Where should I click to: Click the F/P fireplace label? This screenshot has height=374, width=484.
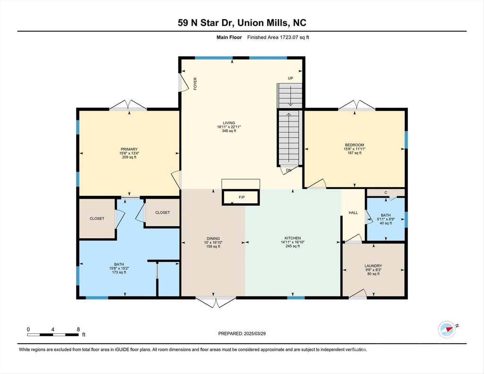tap(242, 197)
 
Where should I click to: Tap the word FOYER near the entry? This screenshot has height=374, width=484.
tap(195, 84)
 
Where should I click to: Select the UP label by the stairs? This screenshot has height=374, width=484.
tap(291, 78)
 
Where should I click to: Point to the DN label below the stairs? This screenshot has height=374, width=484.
tap(289, 170)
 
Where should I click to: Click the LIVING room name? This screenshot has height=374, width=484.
tap(229, 123)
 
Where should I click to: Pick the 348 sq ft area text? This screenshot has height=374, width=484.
tap(229, 131)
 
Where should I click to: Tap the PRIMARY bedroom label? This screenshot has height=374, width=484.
tap(129, 149)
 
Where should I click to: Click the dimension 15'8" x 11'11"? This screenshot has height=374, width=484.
tap(354, 149)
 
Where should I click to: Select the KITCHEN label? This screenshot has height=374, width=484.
tap(293, 238)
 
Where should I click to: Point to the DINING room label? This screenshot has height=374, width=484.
tap(213, 238)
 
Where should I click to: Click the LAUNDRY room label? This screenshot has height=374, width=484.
tap(373, 266)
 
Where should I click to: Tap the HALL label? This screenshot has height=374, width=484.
tap(353, 213)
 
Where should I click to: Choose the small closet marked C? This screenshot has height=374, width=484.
tap(386, 193)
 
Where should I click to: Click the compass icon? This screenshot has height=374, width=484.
tap(447, 330)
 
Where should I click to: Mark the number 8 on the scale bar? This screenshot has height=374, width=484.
tap(78, 330)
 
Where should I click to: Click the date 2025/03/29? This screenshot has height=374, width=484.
tap(255, 333)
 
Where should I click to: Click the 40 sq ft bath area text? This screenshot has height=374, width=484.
tap(386, 223)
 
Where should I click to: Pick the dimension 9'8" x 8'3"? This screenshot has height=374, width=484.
tap(373, 270)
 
